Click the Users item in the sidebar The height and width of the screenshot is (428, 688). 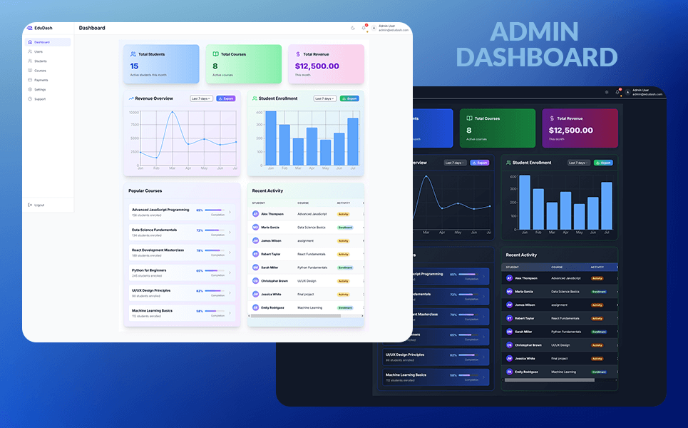(x=38, y=51)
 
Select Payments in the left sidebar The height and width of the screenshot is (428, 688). (x=41, y=80)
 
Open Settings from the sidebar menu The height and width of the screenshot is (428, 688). (x=39, y=89)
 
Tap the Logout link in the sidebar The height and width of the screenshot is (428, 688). (x=38, y=205)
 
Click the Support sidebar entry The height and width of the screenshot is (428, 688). (x=39, y=99)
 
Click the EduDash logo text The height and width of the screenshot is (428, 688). (x=43, y=28)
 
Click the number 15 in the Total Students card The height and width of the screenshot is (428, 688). (x=134, y=66)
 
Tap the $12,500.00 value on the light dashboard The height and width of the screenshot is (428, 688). (x=317, y=66)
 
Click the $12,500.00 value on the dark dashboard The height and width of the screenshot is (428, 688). (x=570, y=131)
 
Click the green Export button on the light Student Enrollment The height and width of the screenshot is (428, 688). (x=349, y=98)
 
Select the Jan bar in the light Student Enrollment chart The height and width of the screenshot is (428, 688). (x=270, y=138)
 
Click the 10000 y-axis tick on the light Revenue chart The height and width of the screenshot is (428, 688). (x=133, y=112)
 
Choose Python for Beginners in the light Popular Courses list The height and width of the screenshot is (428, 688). (x=149, y=270)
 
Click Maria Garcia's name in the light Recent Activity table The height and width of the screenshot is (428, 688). (x=269, y=228)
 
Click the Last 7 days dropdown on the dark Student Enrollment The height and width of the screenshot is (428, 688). (x=578, y=163)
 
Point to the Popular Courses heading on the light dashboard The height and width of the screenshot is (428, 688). (x=145, y=190)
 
